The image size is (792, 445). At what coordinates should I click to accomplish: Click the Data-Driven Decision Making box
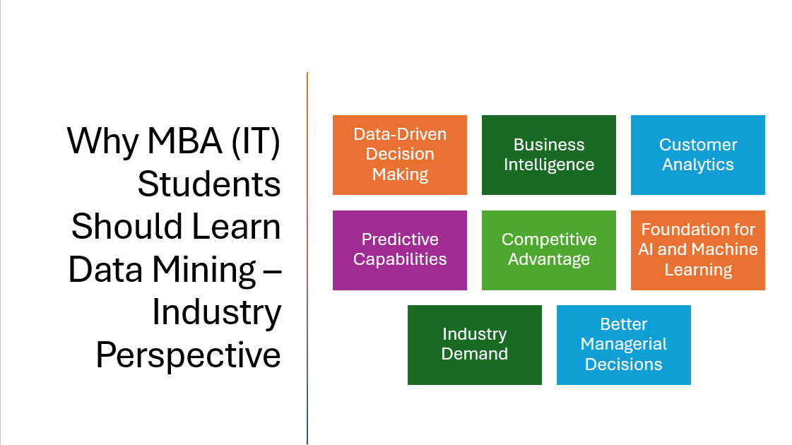click(x=400, y=155)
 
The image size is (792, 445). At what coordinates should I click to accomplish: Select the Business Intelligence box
click(x=548, y=155)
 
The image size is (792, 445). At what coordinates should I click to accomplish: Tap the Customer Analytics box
click(x=697, y=155)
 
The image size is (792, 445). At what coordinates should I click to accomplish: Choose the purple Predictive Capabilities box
click(x=400, y=250)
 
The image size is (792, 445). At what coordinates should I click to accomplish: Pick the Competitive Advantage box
click(x=548, y=250)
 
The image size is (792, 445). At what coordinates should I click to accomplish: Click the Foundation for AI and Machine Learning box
click(x=697, y=250)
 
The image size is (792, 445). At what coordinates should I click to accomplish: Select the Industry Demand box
click(x=474, y=345)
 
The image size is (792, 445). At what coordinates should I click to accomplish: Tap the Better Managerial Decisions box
click(x=623, y=345)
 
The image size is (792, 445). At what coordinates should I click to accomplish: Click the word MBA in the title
click(x=184, y=141)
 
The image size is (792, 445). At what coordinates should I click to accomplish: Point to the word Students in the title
click(x=209, y=184)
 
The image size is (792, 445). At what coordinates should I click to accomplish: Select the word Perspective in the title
click(x=189, y=355)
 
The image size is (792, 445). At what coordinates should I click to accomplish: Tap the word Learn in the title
click(x=237, y=227)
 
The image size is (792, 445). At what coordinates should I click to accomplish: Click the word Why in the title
click(x=102, y=142)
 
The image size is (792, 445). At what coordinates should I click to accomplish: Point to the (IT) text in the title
click(x=256, y=142)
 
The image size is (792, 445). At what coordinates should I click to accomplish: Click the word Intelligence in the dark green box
click(x=549, y=165)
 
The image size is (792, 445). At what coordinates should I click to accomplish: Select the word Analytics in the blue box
click(x=698, y=165)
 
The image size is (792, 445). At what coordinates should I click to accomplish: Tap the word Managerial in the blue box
click(x=623, y=344)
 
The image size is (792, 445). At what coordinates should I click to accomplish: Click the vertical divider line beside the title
click(x=307, y=258)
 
